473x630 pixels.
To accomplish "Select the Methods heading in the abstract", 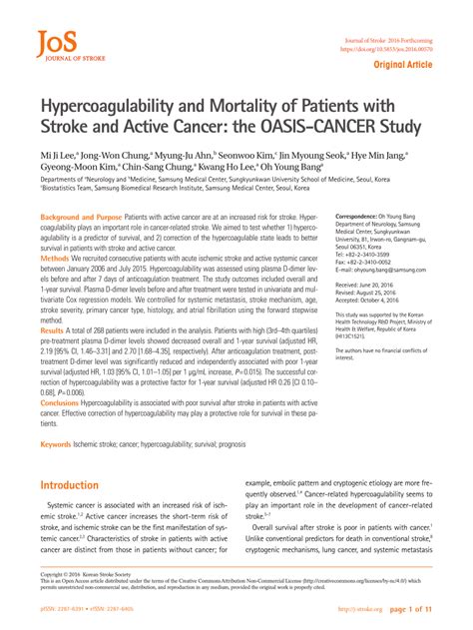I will coord(56,258).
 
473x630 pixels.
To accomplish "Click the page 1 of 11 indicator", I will coord(409,609).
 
